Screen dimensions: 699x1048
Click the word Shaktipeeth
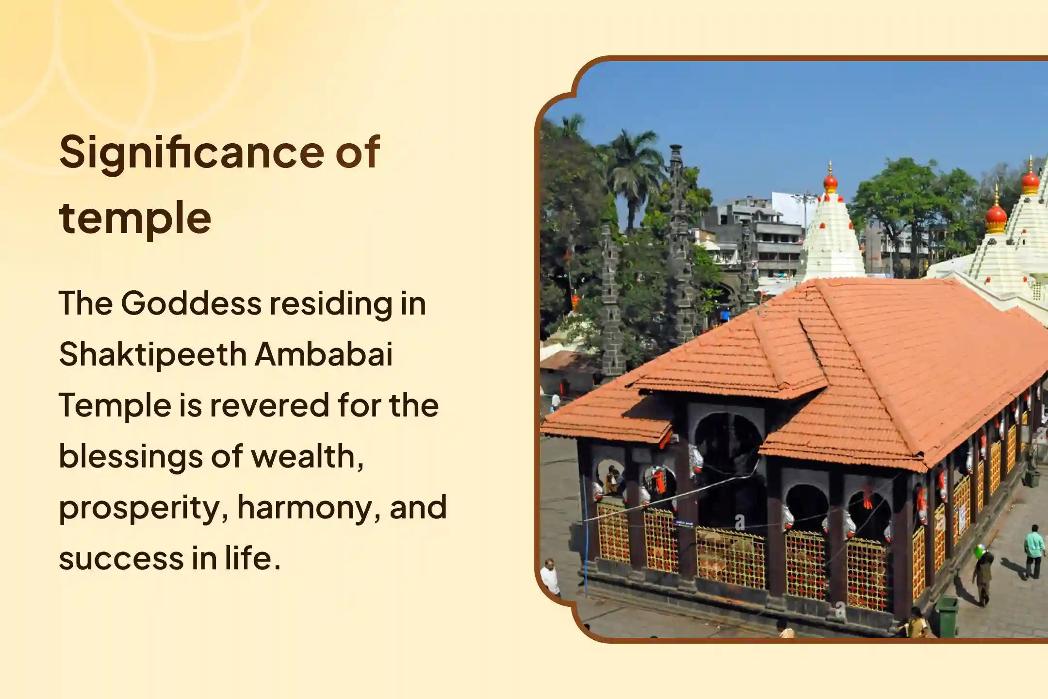[153, 354]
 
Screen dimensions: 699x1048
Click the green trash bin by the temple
[946, 616]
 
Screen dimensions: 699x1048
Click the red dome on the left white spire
[830, 182]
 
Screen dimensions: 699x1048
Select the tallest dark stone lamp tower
[677, 233]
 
